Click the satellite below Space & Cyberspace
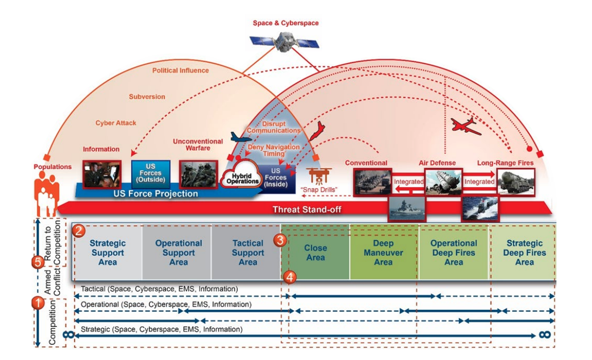(284, 42)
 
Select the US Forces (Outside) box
(150, 174)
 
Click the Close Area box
(315, 252)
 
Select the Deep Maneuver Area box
(384, 252)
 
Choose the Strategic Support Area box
(107, 252)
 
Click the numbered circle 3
(280, 240)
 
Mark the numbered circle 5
(38, 261)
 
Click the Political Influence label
(180, 70)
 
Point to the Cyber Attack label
(115, 123)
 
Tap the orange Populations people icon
(46, 193)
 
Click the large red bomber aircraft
(466, 126)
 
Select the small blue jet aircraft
(241, 137)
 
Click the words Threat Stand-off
(307, 209)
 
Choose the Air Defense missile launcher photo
(443, 182)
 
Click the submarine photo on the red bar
(480, 208)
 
